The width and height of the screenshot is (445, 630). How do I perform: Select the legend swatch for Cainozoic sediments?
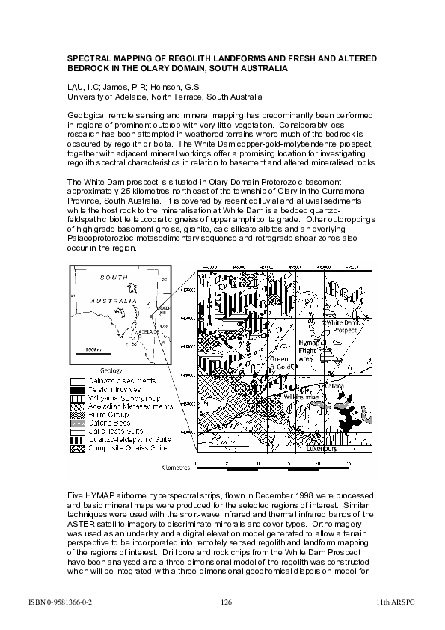click(x=77, y=380)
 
